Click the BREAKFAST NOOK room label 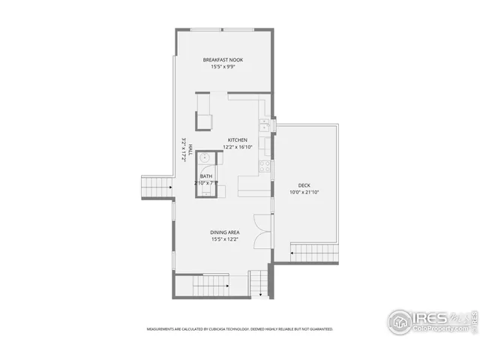tap(223, 60)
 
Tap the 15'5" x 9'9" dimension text tap(223, 67)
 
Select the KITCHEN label tap(238, 140)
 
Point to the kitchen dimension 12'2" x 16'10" tap(238, 147)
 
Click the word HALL tap(190, 149)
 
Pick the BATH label tap(205, 176)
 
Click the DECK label tap(304, 184)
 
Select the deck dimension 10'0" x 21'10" tap(304, 191)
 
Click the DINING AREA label tap(224, 232)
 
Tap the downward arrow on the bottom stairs tap(259, 293)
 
